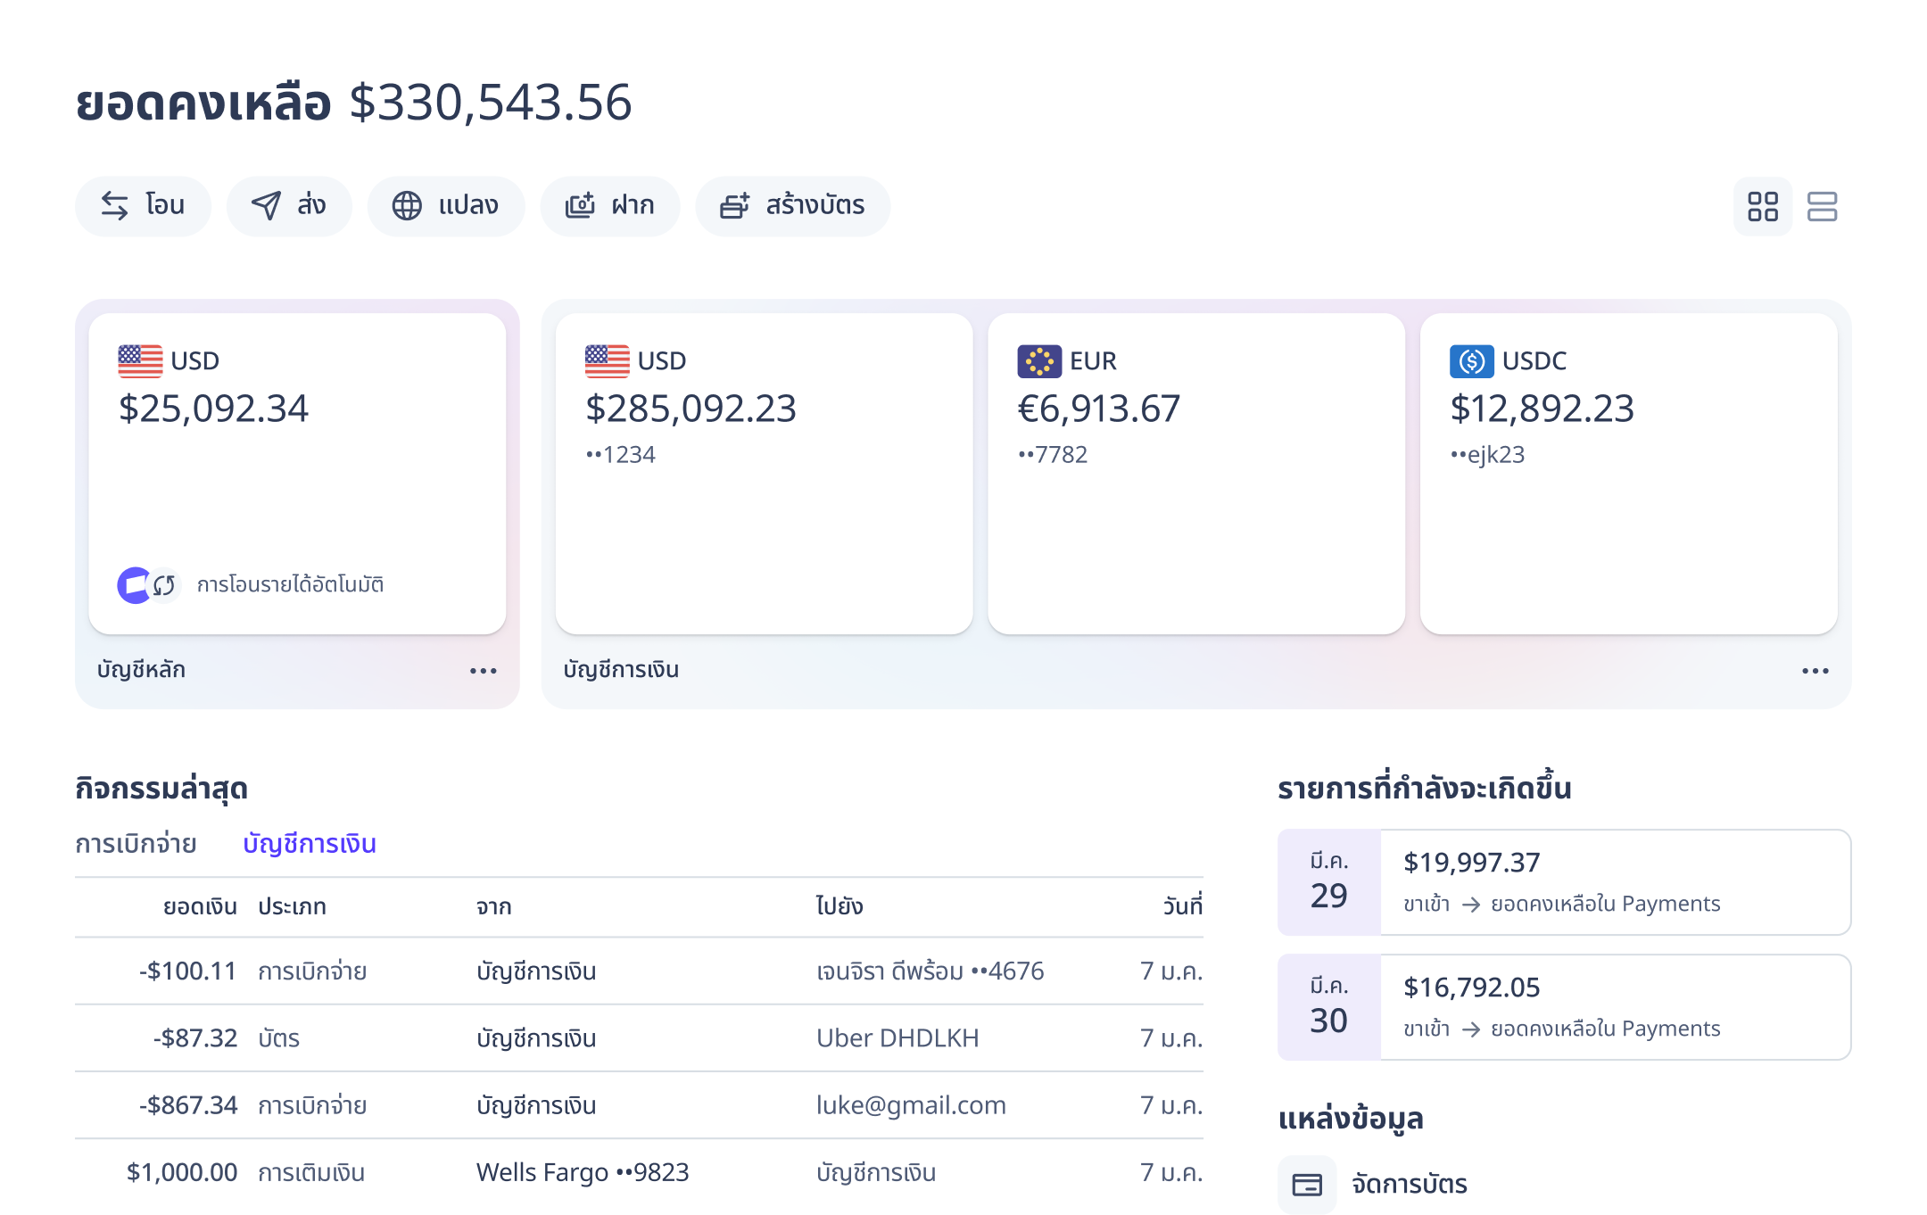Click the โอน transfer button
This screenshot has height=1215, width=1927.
point(143,206)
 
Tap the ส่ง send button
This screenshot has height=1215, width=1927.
point(289,206)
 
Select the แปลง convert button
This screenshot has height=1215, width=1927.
point(445,206)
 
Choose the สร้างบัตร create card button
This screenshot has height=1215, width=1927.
point(792,206)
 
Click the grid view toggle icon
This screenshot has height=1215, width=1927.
point(1762,207)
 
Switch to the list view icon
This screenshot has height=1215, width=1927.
point(1822,207)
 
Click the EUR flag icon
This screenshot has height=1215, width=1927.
point(1038,361)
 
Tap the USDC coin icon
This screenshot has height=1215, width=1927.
point(1471,361)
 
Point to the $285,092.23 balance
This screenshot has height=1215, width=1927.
point(691,409)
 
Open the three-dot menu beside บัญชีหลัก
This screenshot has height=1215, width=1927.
point(483,671)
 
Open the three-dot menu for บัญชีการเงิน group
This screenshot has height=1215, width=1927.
point(1815,671)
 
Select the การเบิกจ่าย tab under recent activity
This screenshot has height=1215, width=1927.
point(136,844)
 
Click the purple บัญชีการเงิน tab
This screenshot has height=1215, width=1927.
point(310,844)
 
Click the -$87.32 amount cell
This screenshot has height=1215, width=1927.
point(194,1038)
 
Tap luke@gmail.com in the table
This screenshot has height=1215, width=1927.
point(911,1105)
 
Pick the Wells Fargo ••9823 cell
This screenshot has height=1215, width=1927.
point(583,1172)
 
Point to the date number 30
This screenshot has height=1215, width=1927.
point(1328,1021)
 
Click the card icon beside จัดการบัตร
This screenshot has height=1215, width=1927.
point(1307,1185)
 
